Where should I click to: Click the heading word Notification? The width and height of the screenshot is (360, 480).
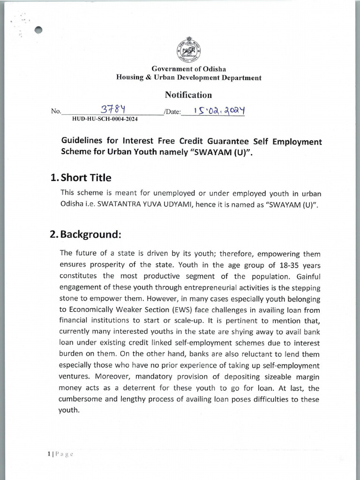pos(188,95)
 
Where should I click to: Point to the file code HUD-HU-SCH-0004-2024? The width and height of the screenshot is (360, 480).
pos(105,119)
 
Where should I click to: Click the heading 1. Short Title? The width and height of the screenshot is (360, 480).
pos(81,178)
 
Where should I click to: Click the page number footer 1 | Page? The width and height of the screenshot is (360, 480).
pos(60,453)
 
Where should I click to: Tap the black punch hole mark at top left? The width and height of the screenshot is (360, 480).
pos(39,30)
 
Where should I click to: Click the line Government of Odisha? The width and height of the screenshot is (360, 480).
pos(188,69)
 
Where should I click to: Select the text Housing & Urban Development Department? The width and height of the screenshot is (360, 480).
pos(188,78)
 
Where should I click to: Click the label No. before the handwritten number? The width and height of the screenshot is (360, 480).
pos(56,112)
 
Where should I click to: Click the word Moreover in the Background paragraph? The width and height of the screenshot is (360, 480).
pos(111,376)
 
